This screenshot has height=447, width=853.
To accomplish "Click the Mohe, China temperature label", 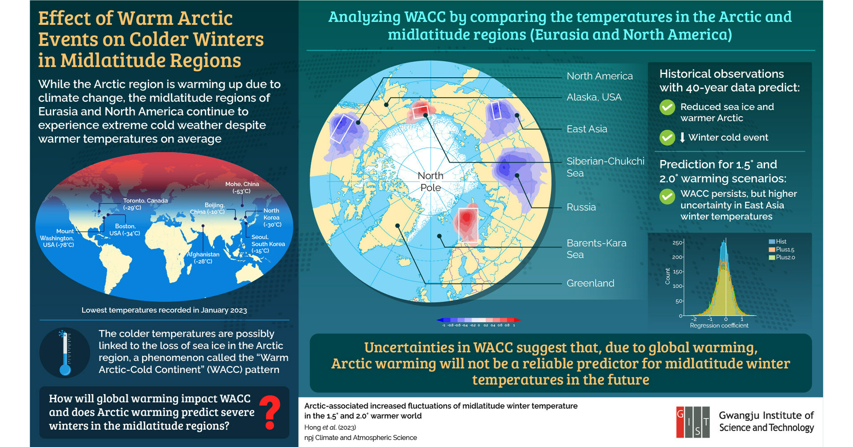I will point(242,188).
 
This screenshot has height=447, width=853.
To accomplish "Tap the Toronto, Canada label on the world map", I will point(145,204).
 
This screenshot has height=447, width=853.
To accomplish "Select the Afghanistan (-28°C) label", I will point(203,258).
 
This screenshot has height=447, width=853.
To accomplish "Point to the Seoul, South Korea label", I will point(268,244).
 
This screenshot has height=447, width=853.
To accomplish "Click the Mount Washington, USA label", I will point(57,238).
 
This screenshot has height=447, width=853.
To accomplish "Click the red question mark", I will point(270,413).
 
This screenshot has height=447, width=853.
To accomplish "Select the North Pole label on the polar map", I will point(430,182).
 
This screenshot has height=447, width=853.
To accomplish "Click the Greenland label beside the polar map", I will point(590,283).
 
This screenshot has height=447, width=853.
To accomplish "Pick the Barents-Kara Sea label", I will point(596,249).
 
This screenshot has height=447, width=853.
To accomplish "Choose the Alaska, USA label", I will point(594,97).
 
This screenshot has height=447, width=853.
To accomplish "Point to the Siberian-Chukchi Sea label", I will point(605,167).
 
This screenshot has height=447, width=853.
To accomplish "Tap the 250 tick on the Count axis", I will point(677,243).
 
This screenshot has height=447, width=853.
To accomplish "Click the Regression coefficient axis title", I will point(719,326).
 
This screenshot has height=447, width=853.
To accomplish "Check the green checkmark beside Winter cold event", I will point(667,138).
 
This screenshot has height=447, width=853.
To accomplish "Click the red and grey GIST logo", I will point(692,421).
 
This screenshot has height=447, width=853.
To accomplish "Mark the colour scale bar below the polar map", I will point(479,320).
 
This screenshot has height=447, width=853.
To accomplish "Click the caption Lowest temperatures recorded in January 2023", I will point(164,310).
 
